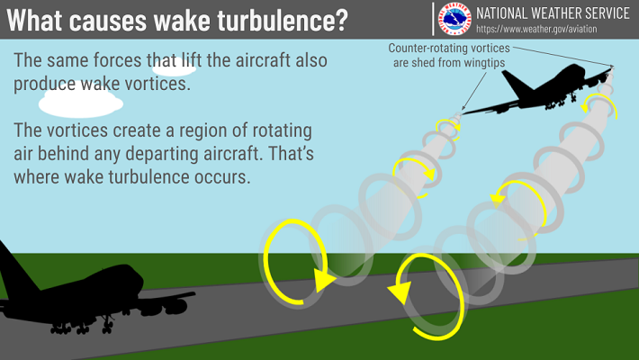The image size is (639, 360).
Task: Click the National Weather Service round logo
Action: [454, 19]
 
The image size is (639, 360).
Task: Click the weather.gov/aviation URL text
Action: [536, 29]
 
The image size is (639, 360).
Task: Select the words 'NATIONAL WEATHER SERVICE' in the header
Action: [553, 13]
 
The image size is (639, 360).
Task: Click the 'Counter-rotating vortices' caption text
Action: [449, 48]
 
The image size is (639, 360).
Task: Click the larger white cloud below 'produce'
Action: [81, 103]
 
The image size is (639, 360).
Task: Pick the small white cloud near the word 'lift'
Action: [174, 68]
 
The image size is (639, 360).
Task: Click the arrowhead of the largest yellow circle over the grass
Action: [324, 280]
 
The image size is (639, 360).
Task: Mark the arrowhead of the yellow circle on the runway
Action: [400, 292]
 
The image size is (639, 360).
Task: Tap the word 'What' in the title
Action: [35, 20]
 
